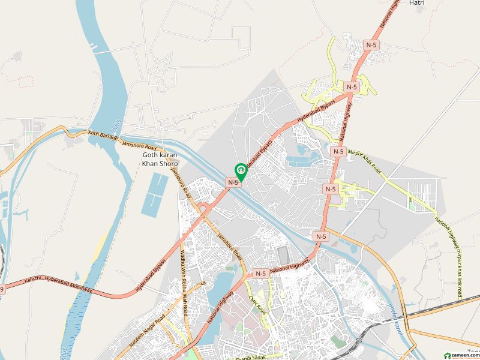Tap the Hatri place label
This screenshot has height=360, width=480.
click(416, 3)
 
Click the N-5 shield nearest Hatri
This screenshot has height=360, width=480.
click(373, 45)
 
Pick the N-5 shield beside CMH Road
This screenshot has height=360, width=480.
click(260, 274)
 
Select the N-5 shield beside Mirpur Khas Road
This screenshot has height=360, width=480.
click(339, 152)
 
